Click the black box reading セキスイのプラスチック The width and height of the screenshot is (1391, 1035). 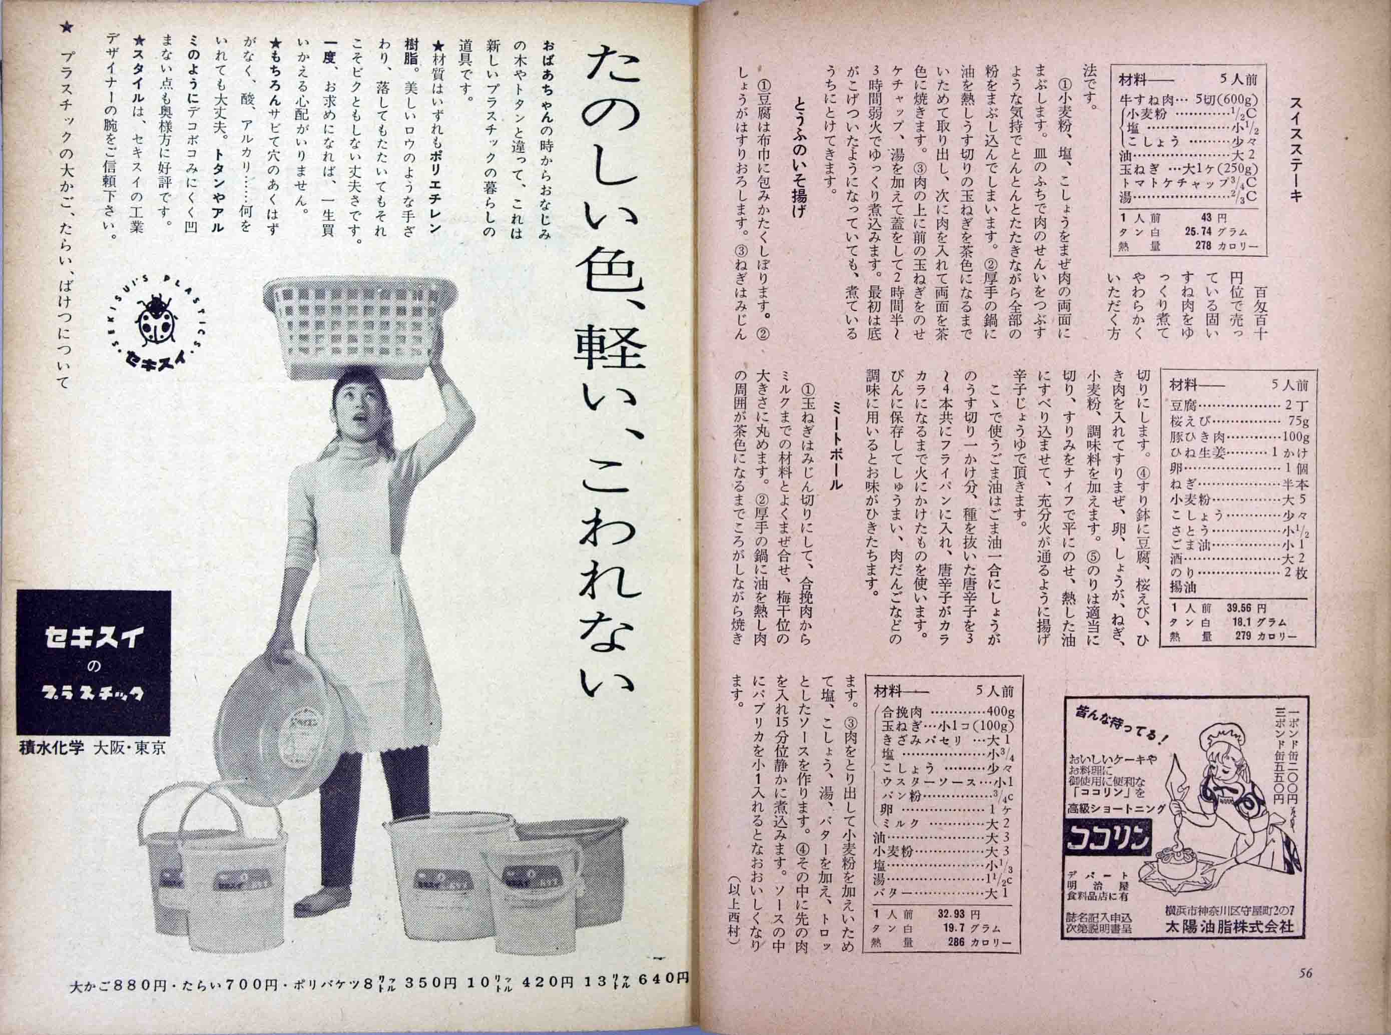click(x=94, y=664)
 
